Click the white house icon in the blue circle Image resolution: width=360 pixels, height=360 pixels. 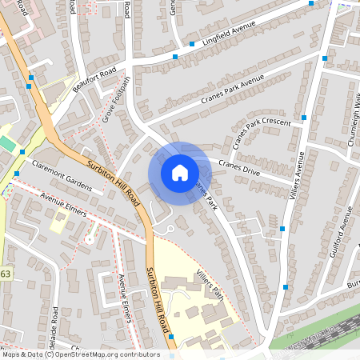click(x=180, y=173)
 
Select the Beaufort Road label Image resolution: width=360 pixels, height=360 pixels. click(x=94, y=79)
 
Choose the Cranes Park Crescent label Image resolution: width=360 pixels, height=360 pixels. click(x=260, y=133)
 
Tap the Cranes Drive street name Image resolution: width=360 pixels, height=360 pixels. click(x=240, y=169)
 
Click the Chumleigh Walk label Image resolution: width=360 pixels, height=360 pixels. click(x=352, y=116)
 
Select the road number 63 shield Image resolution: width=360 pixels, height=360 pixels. click(x=6, y=274)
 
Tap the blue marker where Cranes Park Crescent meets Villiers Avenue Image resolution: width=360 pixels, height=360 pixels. click(x=305, y=118)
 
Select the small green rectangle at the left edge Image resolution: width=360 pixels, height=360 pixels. click(x=7, y=143)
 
